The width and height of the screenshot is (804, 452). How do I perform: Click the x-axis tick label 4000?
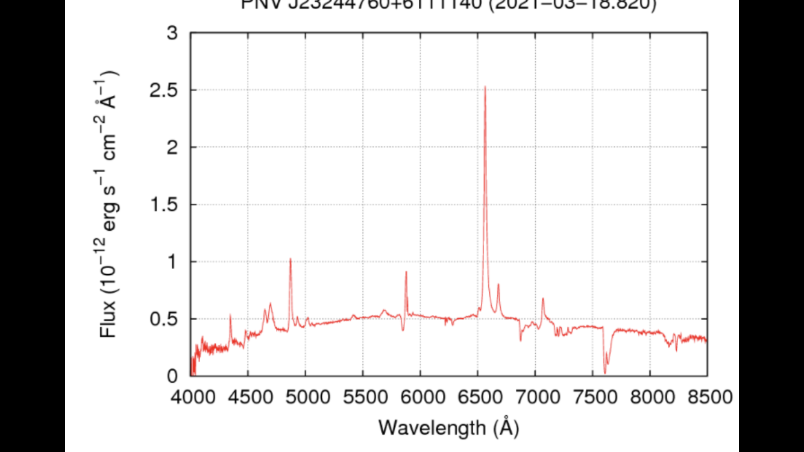point(190,398)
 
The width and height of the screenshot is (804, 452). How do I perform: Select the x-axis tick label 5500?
point(362,398)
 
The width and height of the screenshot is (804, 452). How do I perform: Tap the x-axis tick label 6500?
point(477,398)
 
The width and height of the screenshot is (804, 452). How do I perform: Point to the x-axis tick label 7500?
point(592,398)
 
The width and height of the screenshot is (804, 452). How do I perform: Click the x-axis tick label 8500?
point(707,398)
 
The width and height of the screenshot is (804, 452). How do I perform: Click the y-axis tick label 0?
point(173,376)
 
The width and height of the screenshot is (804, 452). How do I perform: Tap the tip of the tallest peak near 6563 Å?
point(485,87)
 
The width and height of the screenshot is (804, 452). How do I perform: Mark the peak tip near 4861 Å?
point(290,259)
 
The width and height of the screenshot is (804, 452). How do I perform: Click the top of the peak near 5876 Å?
point(406,272)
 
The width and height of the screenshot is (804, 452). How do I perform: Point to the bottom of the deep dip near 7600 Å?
point(605,373)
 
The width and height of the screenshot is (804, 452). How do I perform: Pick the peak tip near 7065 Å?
point(542,298)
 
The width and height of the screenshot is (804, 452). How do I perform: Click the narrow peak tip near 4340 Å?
point(230,315)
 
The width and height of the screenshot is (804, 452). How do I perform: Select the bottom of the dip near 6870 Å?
point(520,341)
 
